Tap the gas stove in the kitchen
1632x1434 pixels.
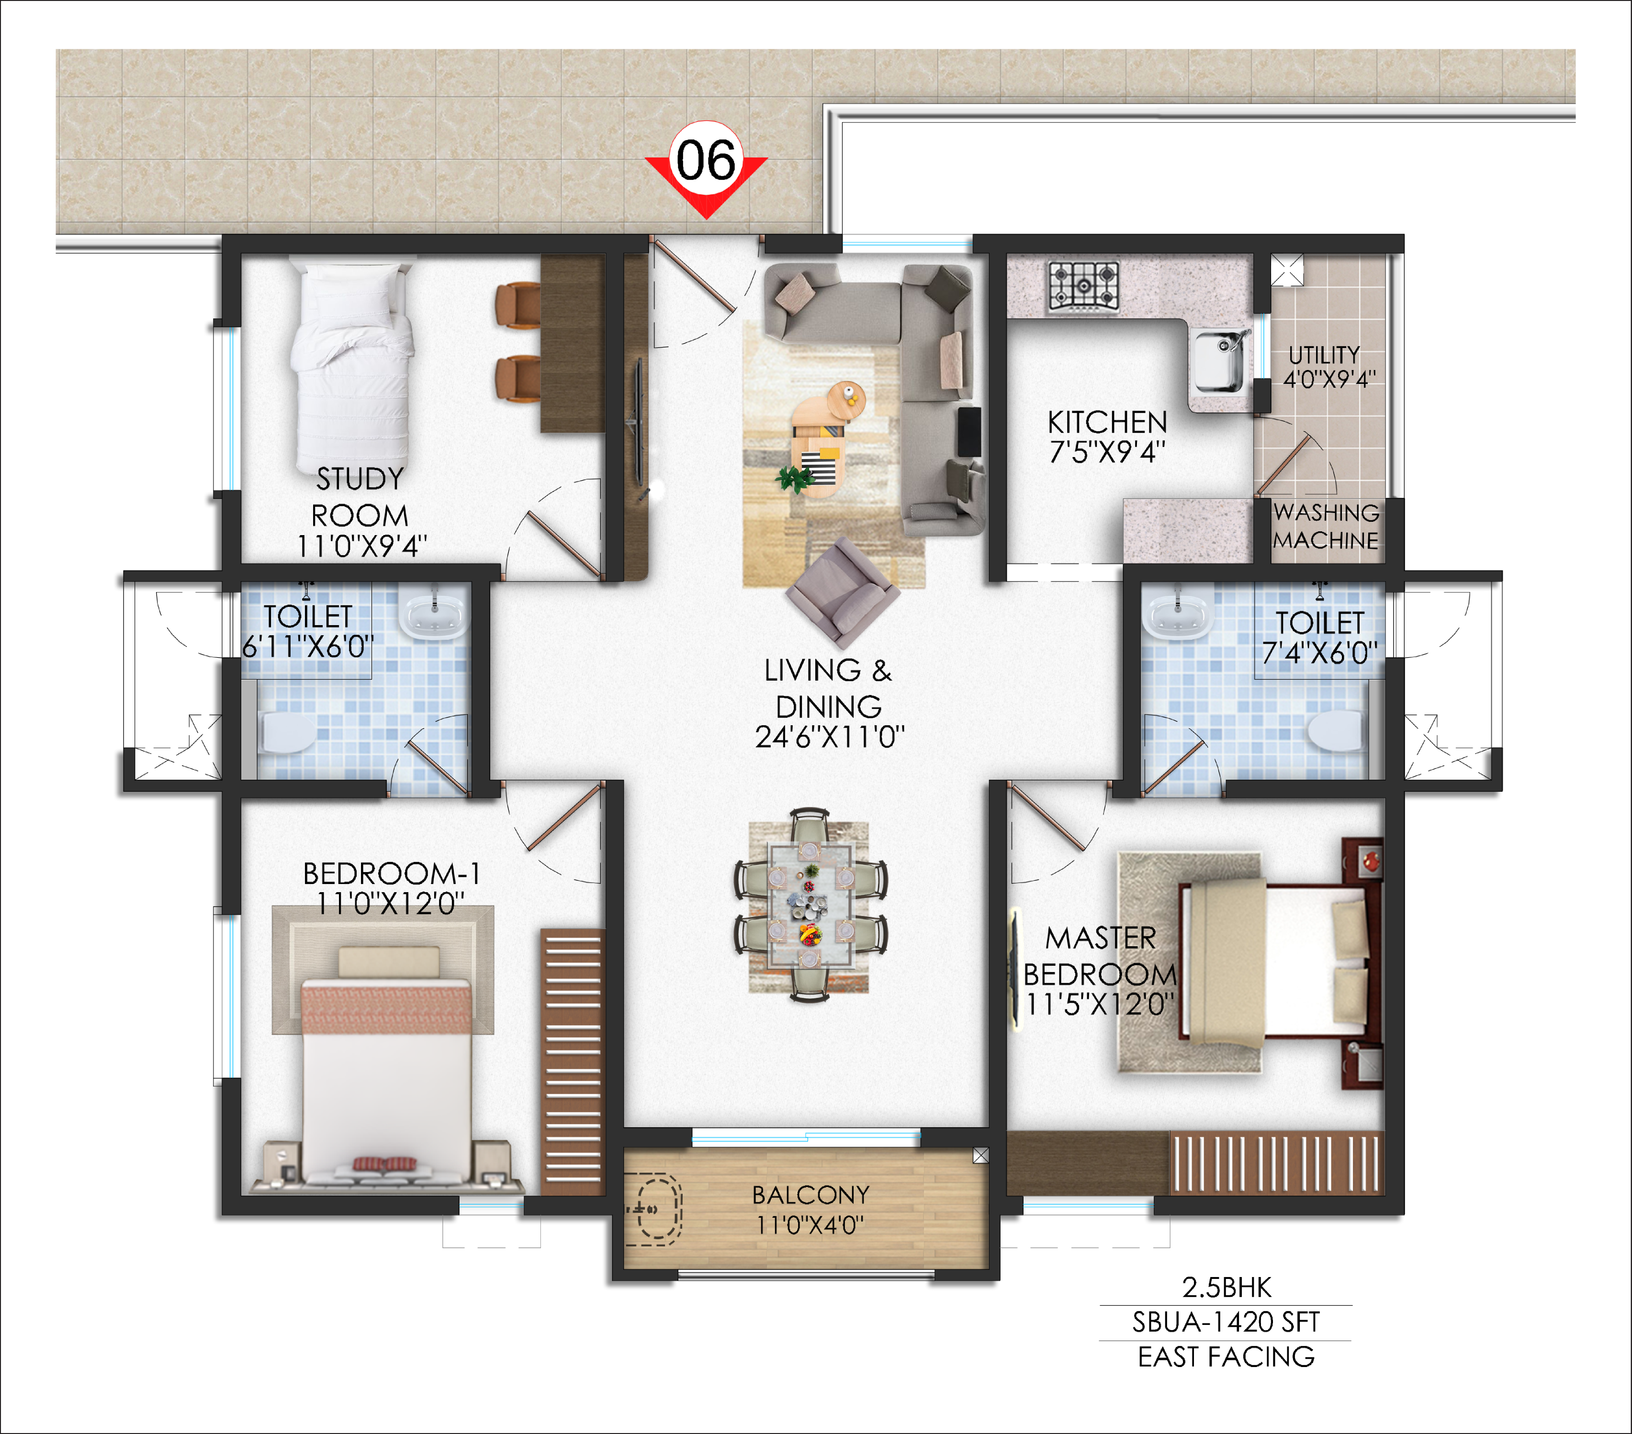pyautogui.click(x=1083, y=285)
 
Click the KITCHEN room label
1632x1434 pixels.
pyautogui.click(x=1107, y=422)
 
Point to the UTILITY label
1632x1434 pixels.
pyautogui.click(x=1324, y=355)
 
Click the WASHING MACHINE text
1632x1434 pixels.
pyautogui.click(x=1326, y=526)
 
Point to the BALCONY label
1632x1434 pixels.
pyautogui.click(x=810, y=1195)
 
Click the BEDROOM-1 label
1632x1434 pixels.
pyautogui.click(x=391, y=874)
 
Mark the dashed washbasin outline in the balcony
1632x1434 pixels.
pyautogui.click(x=653, y=1209)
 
